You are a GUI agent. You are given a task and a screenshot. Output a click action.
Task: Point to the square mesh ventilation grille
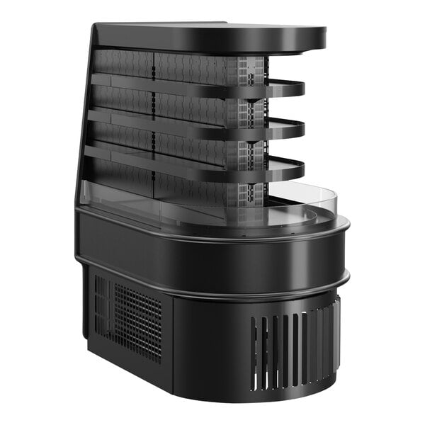tap(138, 319)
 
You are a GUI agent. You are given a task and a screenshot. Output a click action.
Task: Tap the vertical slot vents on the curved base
tap(290, 347)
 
